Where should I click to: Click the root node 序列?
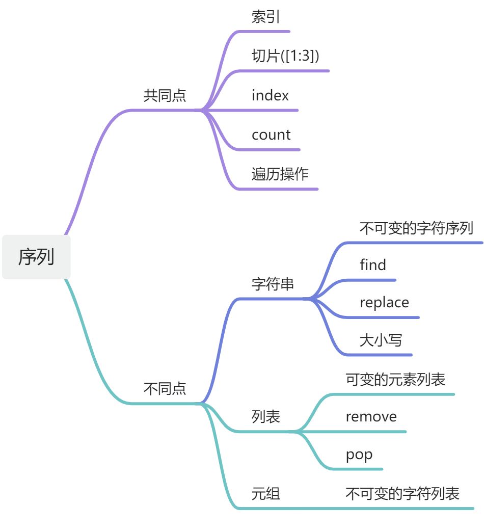36,257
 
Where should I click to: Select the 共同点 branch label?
165,96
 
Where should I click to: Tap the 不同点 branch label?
165,389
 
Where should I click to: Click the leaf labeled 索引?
265,17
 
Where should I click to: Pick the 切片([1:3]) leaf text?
285,56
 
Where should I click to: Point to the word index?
270,95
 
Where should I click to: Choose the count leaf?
271,135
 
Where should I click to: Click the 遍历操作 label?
280,174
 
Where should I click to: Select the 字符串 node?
273,284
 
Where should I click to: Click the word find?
373,265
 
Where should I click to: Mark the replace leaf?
384,303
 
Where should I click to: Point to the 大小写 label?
381,340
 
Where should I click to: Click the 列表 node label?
265,417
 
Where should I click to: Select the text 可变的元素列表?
395,380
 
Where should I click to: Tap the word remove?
371,417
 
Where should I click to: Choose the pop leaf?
359,455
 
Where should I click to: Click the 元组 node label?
265,493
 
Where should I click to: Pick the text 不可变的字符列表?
402,493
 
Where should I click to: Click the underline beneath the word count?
270,150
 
